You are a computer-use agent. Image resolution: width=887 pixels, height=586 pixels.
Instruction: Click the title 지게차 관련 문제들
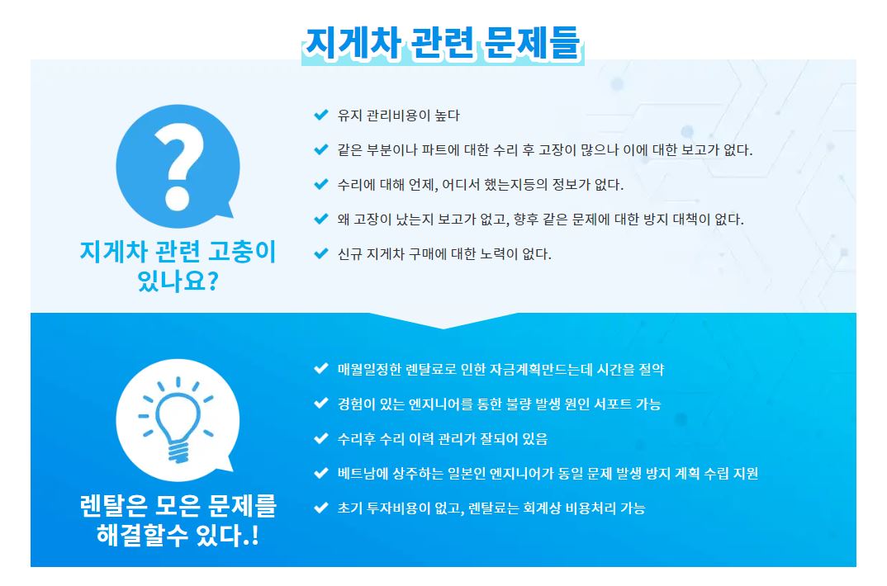[443, 43]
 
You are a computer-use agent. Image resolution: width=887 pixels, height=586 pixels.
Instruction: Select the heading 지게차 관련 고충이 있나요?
[178, 266]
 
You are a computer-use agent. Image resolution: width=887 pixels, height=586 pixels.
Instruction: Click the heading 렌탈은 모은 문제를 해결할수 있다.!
[178, 520]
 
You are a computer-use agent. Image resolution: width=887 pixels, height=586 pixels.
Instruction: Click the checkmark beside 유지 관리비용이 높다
[321, 115]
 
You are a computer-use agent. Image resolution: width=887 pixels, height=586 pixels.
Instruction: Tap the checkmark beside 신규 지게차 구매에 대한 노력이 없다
[321, 253]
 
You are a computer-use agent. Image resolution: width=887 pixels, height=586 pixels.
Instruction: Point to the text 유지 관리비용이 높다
[399, 116]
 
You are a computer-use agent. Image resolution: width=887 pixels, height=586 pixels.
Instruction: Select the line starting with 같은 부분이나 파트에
[545, 149]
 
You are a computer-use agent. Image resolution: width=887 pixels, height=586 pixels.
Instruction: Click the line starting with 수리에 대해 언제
[481, 185]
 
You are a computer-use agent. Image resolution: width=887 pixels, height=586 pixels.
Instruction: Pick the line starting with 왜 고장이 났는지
[540, 220]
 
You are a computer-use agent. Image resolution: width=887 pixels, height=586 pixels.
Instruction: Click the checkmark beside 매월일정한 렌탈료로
[321, 368]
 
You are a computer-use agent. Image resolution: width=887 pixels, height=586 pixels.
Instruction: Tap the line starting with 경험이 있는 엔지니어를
[499, 404]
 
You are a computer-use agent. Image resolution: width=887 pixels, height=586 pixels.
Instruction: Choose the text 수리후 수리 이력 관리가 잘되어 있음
[443, 438]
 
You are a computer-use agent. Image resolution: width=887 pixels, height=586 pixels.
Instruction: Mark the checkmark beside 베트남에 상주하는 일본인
[321, 472]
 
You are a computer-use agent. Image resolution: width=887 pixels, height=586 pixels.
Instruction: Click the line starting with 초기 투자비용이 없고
[491, 508]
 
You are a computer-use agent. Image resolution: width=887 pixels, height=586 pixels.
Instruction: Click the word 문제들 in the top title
[533, 43]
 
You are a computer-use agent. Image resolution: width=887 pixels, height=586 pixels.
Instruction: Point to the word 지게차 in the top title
[353, 43]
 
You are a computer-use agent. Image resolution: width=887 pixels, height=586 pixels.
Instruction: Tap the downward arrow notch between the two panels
[443, 320]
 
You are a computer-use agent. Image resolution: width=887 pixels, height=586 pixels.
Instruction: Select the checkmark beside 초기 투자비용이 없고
[321, 508]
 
